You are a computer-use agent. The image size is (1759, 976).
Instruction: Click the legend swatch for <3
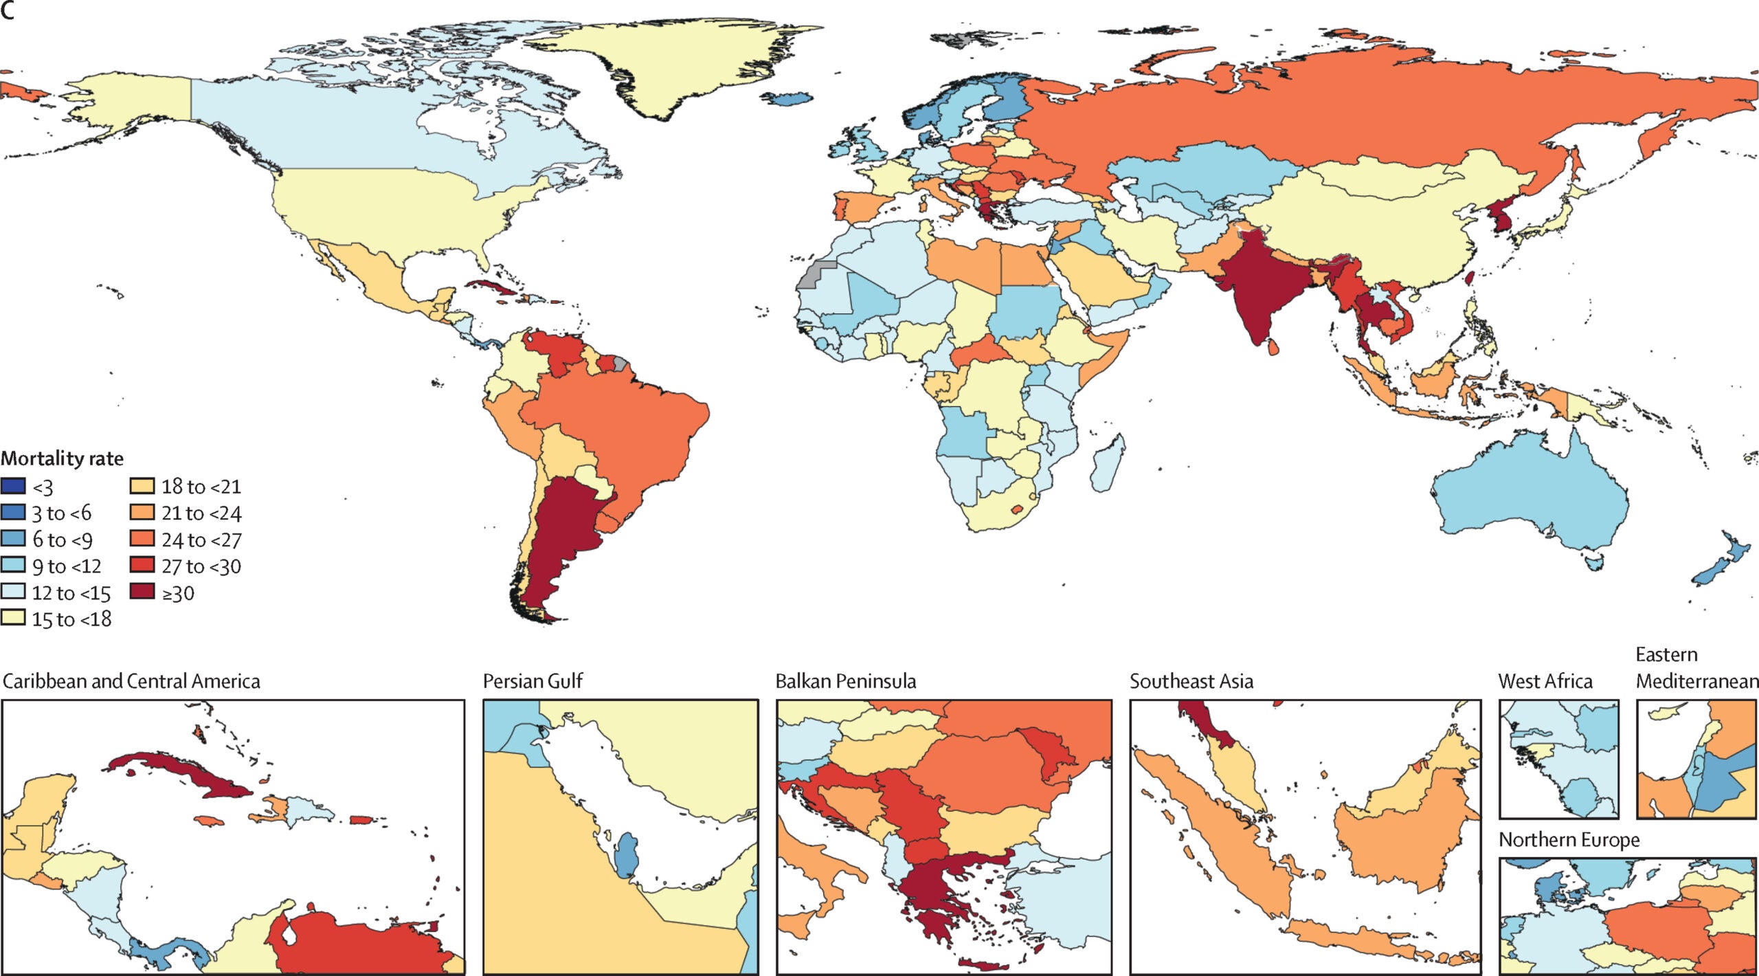tap(13, 487)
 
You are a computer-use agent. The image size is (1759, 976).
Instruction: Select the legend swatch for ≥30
tap(142, 592)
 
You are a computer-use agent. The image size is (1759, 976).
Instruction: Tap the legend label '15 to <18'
tap(71, 619)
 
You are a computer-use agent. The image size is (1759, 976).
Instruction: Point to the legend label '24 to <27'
tap(201, 540)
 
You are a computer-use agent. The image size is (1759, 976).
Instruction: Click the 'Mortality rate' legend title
tap(63, 458)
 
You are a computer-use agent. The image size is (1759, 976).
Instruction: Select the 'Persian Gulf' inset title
tap(533, 681)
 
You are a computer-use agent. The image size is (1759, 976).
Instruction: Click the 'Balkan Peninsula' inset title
tap(846, 681)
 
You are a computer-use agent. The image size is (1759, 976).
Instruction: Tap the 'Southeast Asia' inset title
tap(1191, 681)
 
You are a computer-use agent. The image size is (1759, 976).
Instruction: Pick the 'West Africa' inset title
tap(1545, 681)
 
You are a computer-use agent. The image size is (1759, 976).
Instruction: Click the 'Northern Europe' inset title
tap(1569, 840)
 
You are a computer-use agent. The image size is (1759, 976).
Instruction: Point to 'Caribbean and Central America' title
tap(131, 681)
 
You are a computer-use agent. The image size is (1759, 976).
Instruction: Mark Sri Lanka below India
tap(1273, 347)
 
